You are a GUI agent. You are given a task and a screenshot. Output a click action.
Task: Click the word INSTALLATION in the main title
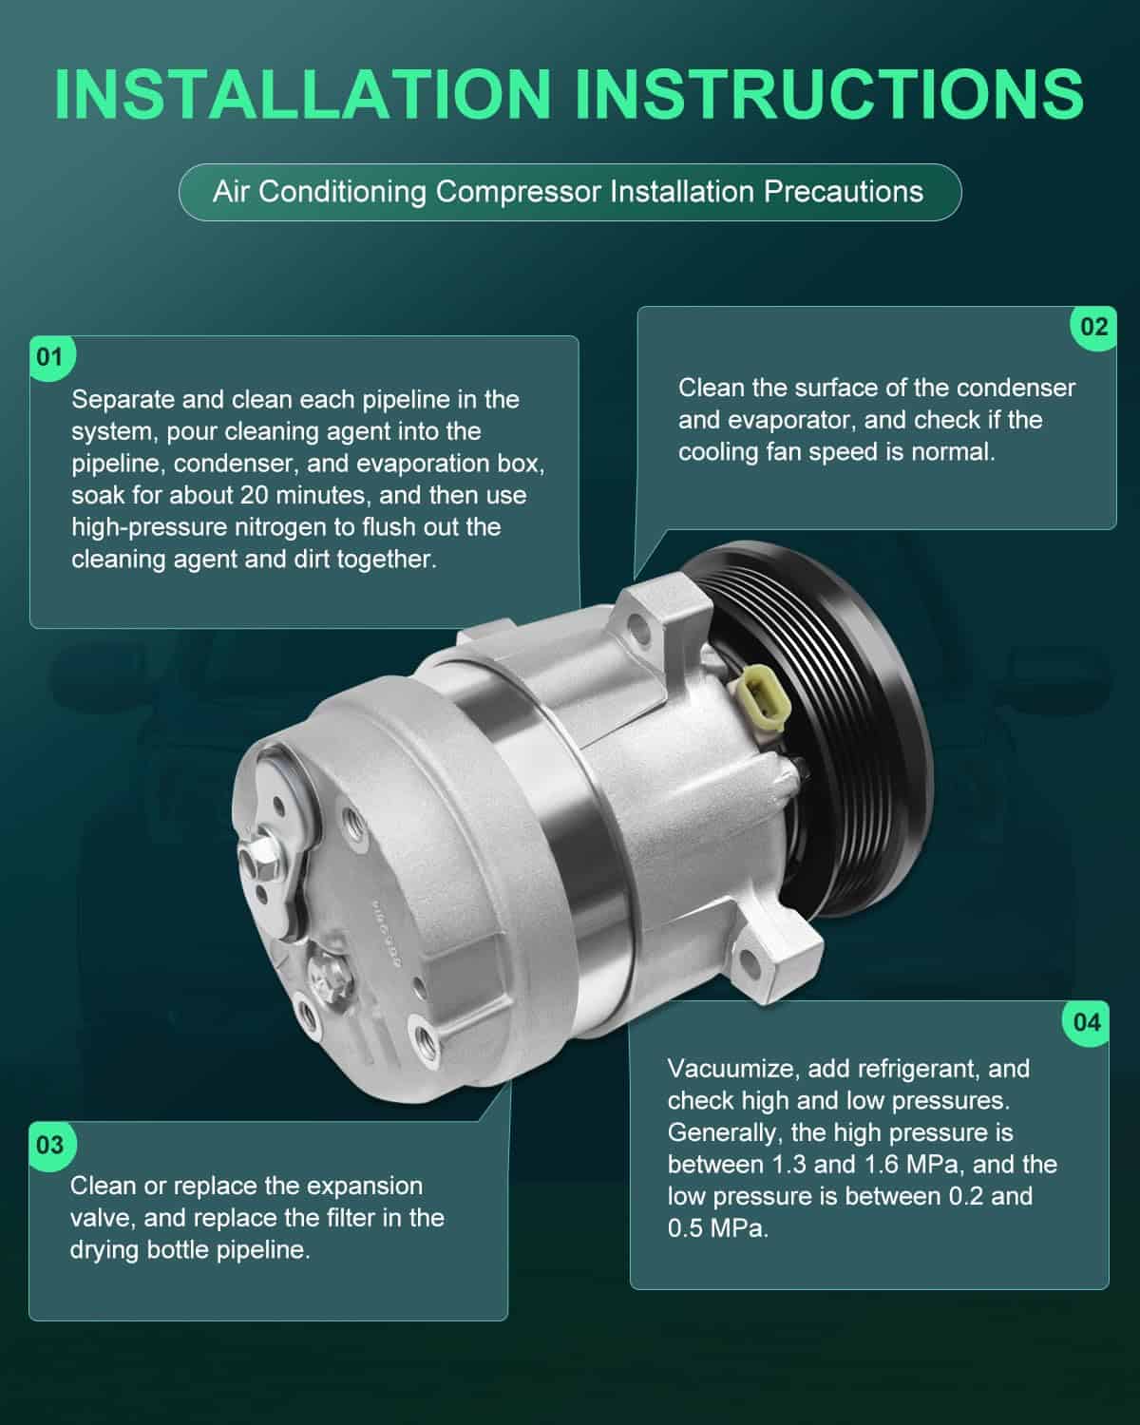[303, 94]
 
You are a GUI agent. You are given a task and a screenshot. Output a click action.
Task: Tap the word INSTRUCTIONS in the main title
[830, 94]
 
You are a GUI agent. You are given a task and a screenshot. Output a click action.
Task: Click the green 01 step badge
[50, 357]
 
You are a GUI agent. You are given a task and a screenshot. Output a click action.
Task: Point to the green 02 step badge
[1093, 327]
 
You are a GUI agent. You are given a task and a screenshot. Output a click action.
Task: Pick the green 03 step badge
[50, 1145]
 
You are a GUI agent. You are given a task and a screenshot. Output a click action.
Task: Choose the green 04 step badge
[1087, 1022]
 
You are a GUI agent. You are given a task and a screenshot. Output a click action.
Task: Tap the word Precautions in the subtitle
[844, 193]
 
